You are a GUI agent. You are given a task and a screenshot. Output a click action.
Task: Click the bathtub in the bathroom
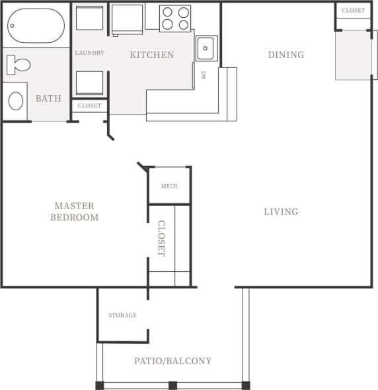[x=36, y=26]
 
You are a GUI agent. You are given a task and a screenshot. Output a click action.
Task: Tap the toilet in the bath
[x=18, y=65]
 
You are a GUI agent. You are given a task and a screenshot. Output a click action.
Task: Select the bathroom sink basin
[x=15, y=101]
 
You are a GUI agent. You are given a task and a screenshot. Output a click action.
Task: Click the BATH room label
[x=48, y=99]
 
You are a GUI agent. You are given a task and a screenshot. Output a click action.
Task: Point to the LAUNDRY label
[x=89, y=53]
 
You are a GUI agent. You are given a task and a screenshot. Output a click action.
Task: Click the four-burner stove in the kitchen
[x=175, y=18]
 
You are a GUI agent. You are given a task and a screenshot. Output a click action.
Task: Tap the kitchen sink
[x=206, y=48]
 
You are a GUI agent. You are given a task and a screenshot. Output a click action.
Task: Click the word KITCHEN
[x=151, y=55]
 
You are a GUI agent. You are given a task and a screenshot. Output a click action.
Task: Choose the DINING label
[x=285, y=55]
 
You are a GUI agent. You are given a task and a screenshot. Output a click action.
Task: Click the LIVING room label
[x=281, y=212]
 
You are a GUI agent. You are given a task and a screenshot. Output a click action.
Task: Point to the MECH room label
[x=169, y=186]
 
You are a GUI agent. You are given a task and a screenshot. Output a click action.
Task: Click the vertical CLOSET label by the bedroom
[x=161, y=238]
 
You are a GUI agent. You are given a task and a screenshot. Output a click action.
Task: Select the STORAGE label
[x=122, y=315]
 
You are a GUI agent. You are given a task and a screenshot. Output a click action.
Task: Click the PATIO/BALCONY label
[x=172, y=361]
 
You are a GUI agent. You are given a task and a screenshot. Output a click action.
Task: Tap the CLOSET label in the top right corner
[x=353, y=11]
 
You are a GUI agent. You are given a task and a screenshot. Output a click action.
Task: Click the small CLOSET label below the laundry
[x=89, y=106]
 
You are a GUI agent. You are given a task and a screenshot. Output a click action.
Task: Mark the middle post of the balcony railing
[x=172, y=385]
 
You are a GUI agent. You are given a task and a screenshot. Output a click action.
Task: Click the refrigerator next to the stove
[x=128, y=18]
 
